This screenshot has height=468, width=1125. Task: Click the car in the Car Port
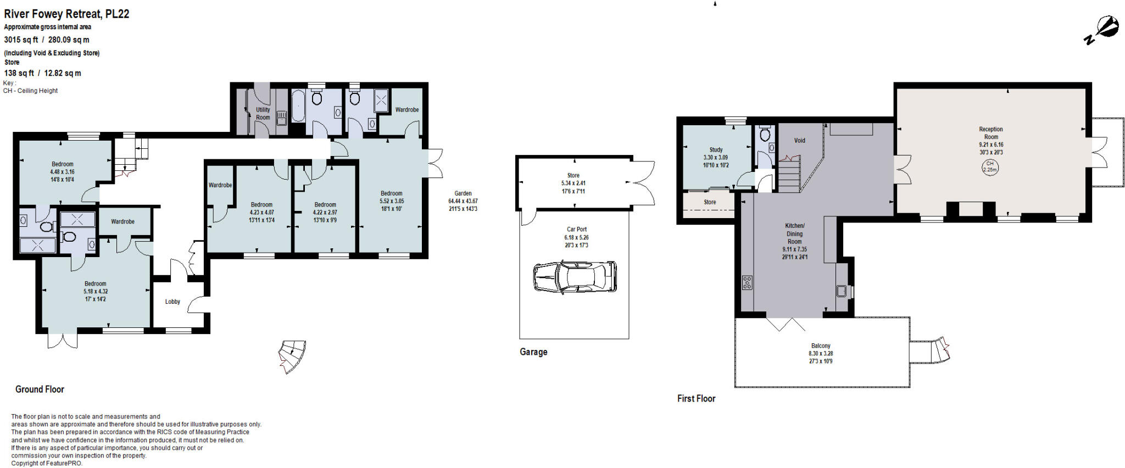575,276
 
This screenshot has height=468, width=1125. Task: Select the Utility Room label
263,113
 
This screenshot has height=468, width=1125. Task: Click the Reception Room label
990,133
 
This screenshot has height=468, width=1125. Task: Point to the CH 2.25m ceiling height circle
989,166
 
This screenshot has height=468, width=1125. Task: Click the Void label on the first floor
799,141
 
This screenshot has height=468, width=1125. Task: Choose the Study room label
716,150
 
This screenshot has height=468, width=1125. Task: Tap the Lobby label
172,302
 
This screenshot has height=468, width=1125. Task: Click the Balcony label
821,346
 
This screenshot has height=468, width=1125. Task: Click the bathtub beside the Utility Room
297,106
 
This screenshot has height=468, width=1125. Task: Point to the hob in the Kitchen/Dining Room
747,282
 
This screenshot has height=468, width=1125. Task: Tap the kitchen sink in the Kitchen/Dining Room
842,291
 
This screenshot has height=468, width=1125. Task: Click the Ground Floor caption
40,389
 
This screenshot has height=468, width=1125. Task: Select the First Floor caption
696,399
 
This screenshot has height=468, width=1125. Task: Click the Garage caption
533,352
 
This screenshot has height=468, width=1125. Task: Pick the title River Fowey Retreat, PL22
66,14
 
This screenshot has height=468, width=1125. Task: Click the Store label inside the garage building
573,176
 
